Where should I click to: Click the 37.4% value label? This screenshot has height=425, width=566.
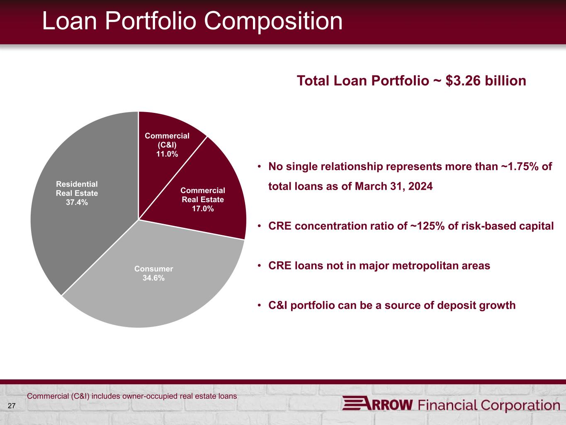click(x=77, y=202)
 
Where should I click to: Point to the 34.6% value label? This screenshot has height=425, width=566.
click(x=154, y=278)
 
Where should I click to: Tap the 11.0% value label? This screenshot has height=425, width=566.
click(x=167, y=154)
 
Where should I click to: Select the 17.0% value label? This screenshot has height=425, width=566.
click(x=203, y=208)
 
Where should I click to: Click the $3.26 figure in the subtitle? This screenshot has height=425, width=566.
click(x=463, y=81)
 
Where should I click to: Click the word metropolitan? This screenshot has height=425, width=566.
click(x=425, y=266)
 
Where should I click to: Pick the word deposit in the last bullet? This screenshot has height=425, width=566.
click(x=457, y=306)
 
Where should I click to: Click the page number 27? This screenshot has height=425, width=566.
click(x=12, y=406)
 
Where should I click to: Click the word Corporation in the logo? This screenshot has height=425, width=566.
click(x=521, y=405)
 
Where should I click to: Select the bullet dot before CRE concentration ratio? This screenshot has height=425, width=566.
click(x=259, y=226)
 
